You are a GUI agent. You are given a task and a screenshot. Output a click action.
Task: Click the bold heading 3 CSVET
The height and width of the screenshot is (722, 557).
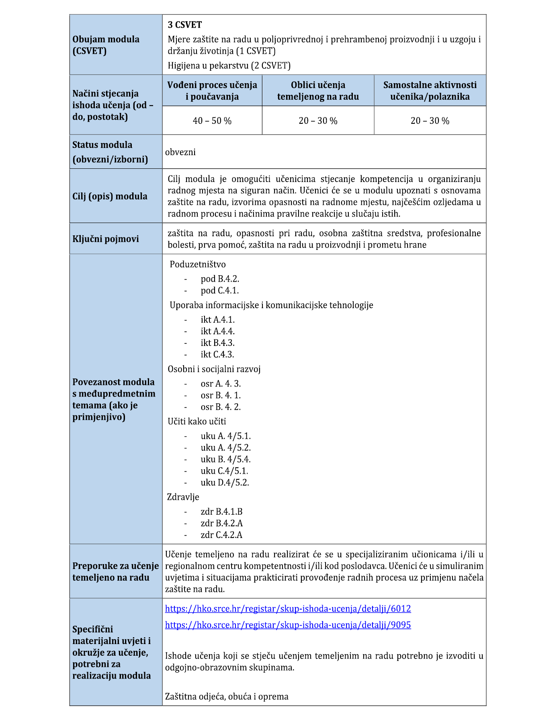184,25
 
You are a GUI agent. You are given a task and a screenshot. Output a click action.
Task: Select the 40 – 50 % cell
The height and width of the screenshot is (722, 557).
212,121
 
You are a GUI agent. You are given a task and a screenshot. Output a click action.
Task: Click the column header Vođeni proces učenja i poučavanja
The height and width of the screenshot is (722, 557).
212,91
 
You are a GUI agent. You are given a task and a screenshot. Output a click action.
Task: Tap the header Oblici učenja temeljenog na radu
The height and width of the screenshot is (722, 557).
318,91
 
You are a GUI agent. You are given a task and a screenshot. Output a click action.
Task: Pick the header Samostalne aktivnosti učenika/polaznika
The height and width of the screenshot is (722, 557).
430,91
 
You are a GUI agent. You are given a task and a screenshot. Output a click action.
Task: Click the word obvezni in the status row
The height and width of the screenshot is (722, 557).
180,152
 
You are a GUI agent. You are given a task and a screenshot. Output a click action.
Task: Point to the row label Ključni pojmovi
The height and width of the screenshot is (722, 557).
106,239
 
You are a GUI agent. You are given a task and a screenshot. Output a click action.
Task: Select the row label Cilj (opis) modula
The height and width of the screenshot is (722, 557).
110,196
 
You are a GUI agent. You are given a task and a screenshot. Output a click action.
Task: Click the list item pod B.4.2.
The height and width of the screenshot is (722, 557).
220,279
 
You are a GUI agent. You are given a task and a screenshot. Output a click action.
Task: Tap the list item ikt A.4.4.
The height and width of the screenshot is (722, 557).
218,331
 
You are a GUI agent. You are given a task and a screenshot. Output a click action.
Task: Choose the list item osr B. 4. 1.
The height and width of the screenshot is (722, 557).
221,395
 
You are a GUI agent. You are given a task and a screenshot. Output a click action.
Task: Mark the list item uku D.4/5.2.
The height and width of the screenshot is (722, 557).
225,483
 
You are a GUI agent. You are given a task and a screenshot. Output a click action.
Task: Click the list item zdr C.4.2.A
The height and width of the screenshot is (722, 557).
221,535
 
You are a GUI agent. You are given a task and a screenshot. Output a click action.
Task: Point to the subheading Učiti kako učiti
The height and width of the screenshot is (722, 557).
197,421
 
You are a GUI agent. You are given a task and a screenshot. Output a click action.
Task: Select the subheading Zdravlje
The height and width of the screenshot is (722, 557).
183,497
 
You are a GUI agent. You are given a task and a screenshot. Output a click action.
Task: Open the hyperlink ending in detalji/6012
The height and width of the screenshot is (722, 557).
288,609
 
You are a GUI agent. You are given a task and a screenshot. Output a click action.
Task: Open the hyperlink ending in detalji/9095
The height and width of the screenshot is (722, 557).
288,625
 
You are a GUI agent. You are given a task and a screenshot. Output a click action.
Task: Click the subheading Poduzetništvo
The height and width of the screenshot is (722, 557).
198,264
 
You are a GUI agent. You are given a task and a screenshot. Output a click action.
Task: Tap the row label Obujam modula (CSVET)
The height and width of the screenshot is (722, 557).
106,45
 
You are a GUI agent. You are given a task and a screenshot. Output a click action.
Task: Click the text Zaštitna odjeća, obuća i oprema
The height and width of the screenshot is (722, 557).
227,696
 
